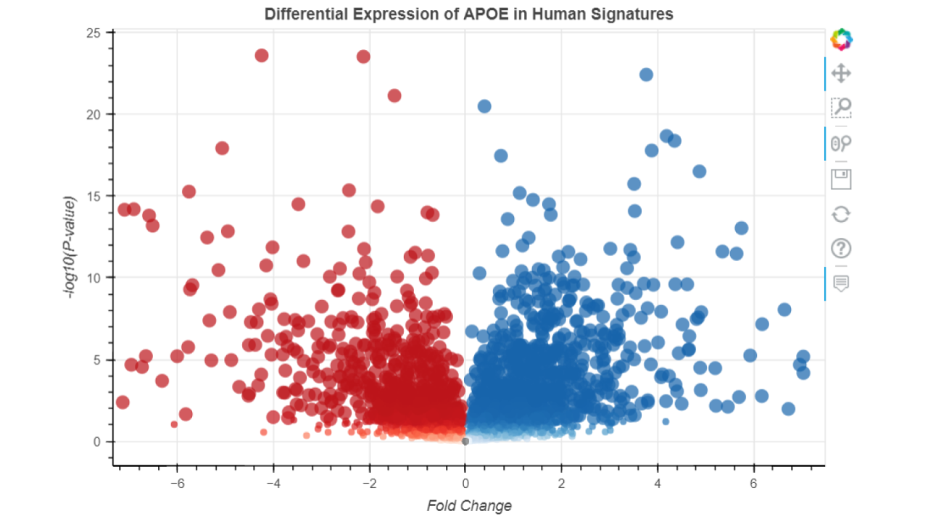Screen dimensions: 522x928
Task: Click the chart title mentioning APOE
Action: (468, 14)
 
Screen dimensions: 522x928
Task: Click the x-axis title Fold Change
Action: (469, 505)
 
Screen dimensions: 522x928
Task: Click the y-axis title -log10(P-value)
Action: (70, 247)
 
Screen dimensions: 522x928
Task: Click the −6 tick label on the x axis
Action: (177, 483)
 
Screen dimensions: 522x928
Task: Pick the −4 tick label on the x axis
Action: (273, 483)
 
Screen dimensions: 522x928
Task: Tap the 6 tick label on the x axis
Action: (753, 483)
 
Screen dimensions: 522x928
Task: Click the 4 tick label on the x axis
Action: (658, 483)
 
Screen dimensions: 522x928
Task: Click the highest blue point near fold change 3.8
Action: (646, 75)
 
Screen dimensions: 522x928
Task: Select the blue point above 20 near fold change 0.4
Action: (484, 107)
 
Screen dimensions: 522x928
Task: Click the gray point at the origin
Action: (465, 441)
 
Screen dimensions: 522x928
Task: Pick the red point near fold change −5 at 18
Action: (222, 148)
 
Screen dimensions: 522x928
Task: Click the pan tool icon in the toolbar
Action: (841, 73)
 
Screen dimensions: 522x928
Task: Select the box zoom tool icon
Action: (841, 108)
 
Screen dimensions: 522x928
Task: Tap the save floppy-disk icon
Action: (841, 179)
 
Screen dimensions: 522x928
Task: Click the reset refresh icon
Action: (841, 214)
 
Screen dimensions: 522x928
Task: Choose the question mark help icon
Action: (841, 249)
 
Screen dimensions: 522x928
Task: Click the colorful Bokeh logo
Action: (841, 39)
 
